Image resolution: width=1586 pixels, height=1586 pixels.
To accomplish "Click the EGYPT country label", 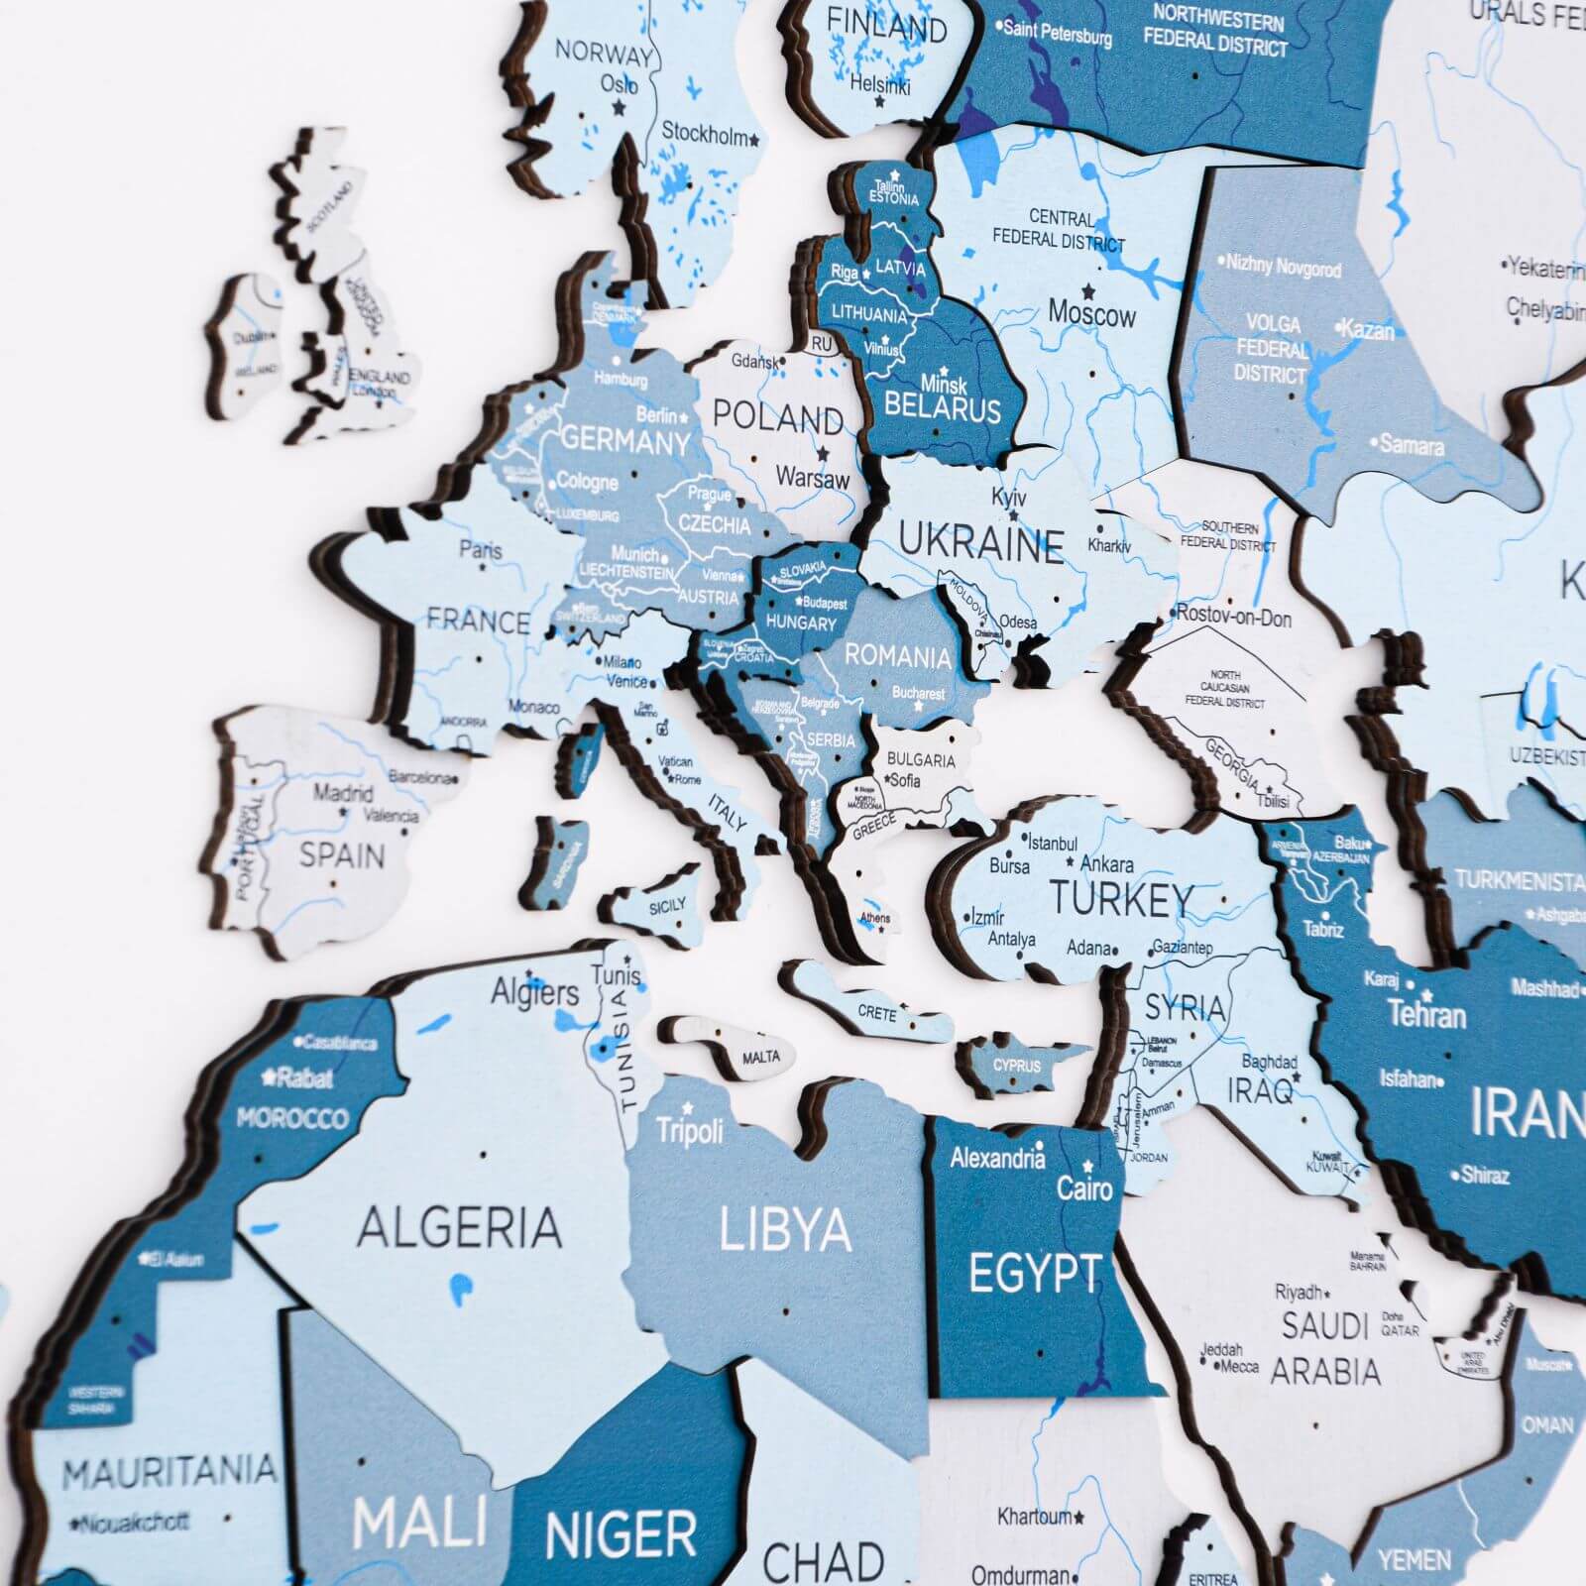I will [x=1034, y=1274].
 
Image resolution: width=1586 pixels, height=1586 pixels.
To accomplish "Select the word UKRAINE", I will [x=981, y=544].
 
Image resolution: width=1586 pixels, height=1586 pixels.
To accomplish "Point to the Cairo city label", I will [x=1084, y=1188].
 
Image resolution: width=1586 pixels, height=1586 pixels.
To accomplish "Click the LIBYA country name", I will [x=784, y=1230].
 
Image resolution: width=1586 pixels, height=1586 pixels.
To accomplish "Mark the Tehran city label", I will [x=1425, y=1014].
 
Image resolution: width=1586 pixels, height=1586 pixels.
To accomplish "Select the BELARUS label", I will [x=942, y=407].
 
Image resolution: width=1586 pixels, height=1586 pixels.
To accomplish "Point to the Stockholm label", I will [x=704, y=134].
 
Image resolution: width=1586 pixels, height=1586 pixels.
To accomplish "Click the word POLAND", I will [x=778, y=417].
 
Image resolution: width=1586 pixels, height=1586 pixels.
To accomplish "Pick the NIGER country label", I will [x=621, y=1535].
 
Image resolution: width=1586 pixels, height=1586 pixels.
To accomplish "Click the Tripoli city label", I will [x=690, y=1130].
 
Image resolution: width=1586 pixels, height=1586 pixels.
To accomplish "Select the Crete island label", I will [x=876, y=1013].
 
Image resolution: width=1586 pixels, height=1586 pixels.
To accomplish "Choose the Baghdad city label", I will [x=1269, y=1062].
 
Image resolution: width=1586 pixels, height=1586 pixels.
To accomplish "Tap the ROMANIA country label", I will [x=897, y=656].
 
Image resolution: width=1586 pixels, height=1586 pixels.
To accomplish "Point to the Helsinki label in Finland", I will [x=879, y=85].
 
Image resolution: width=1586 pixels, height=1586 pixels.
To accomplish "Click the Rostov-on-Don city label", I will [x=1233, y=618].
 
